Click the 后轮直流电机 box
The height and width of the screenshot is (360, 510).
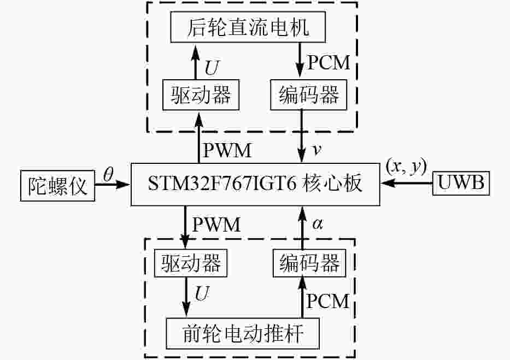pyautogui.click(x=249, y=27)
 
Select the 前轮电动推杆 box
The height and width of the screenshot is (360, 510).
pyautogui.click(x=242, y=332)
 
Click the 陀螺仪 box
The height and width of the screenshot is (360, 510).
pyautogui.click(x=57, y=185)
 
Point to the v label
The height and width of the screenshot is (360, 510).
pyautogui.click(x=315, y=149)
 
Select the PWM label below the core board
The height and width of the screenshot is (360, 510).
pyautogui.click(x=218, y=224)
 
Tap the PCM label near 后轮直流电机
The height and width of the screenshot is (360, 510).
pyautogui.click(x=328, y=63)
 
